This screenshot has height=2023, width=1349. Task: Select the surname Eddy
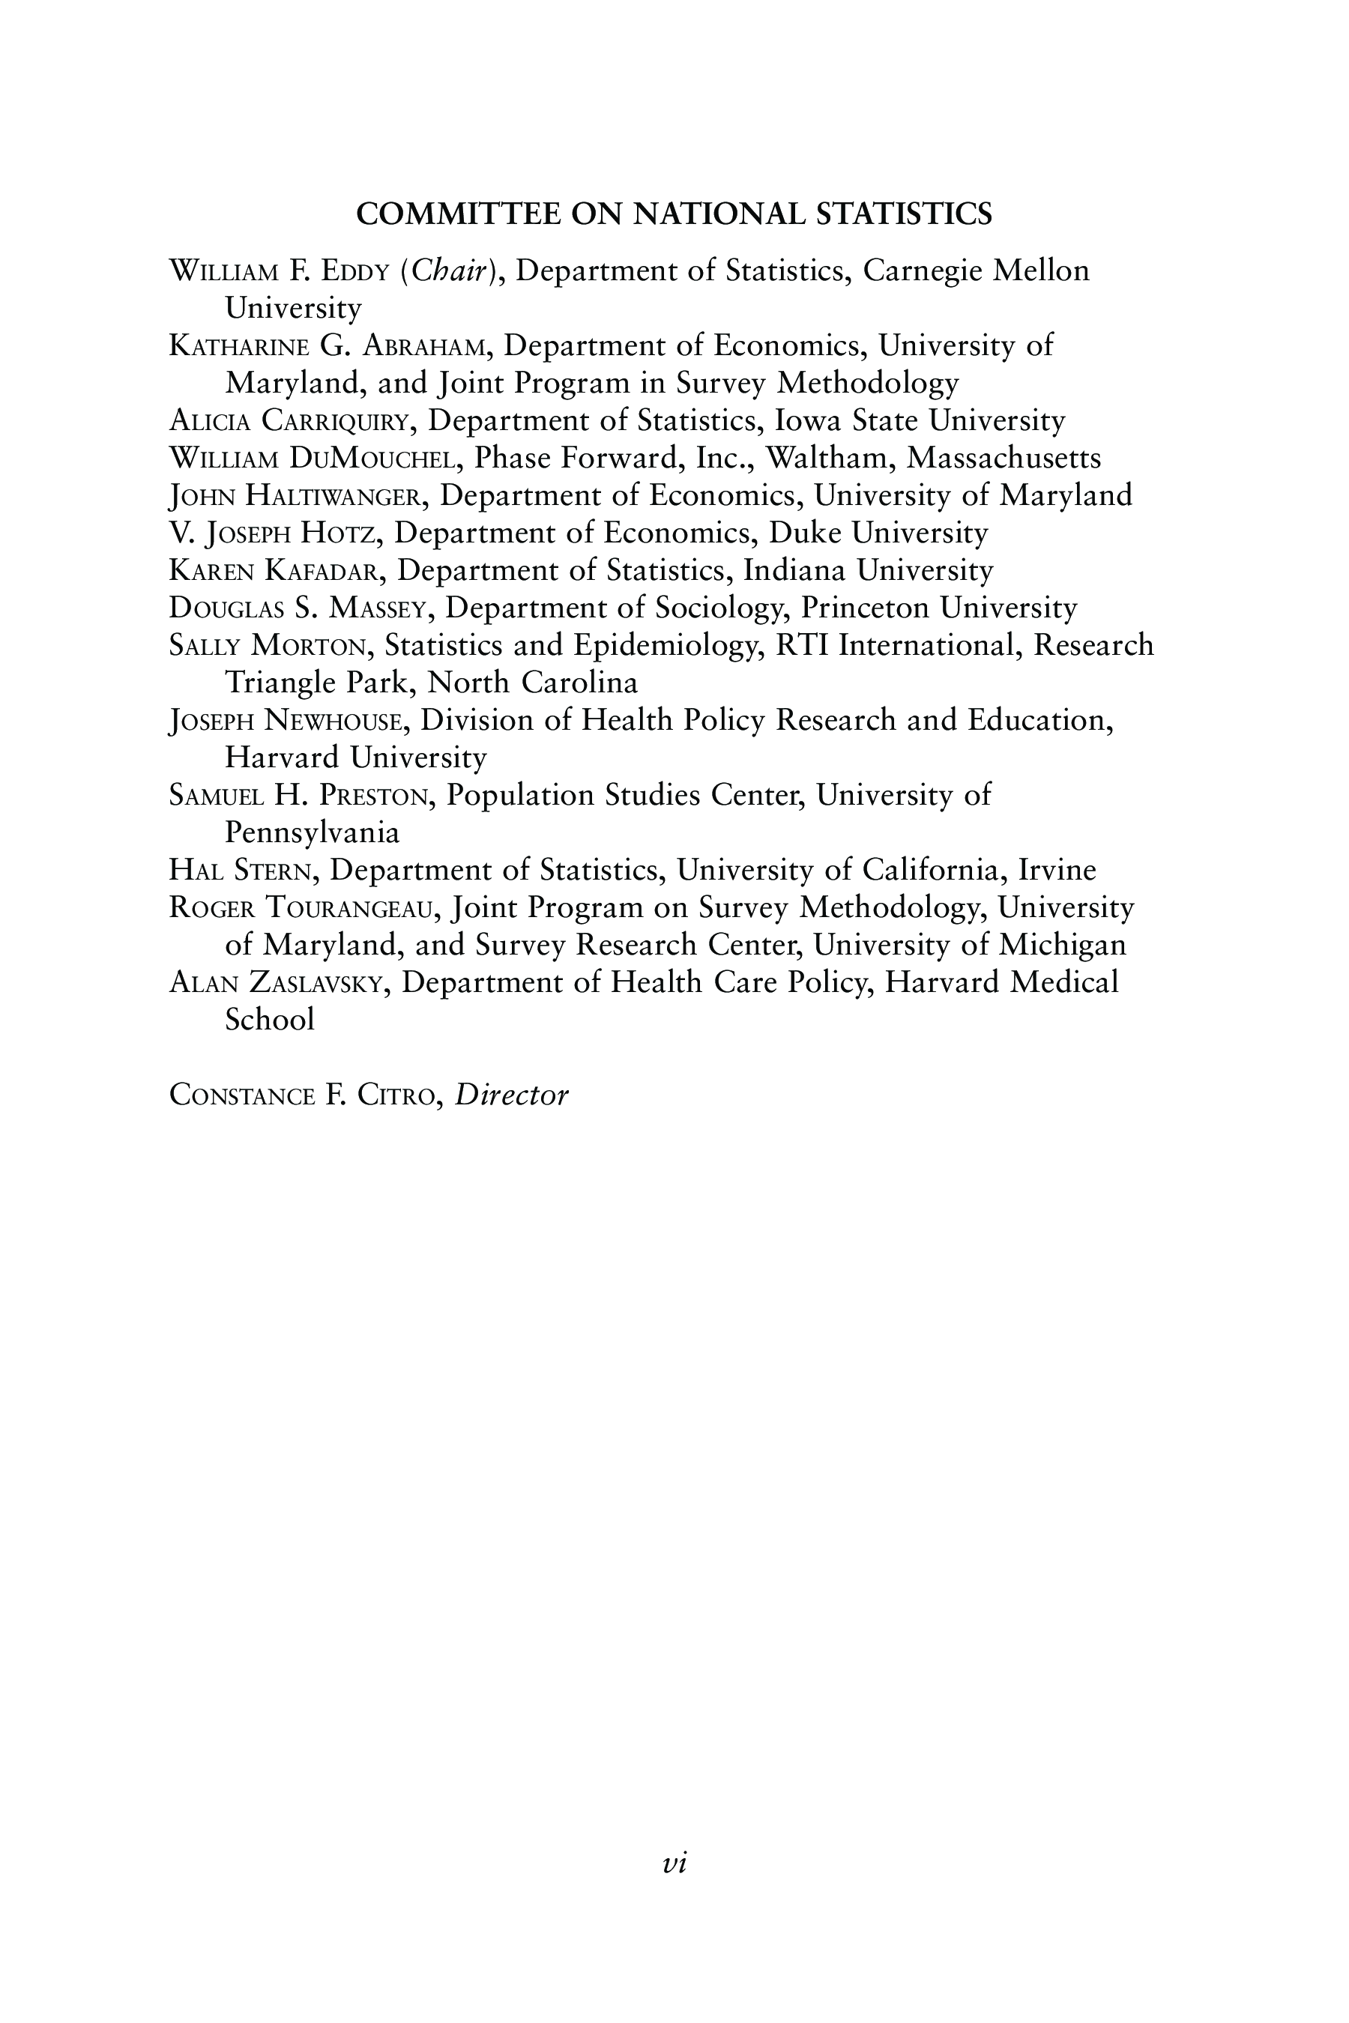[355, 272]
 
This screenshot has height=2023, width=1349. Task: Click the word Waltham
[830, 458]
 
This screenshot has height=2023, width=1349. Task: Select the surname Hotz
[339, 534]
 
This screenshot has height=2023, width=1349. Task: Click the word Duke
[804, 533]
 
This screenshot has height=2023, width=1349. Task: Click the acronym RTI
[801, 645]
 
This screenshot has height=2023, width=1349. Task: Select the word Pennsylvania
[313, 832]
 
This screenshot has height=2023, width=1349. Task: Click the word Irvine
[1057, 870]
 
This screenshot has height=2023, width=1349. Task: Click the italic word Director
[512, 1095]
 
